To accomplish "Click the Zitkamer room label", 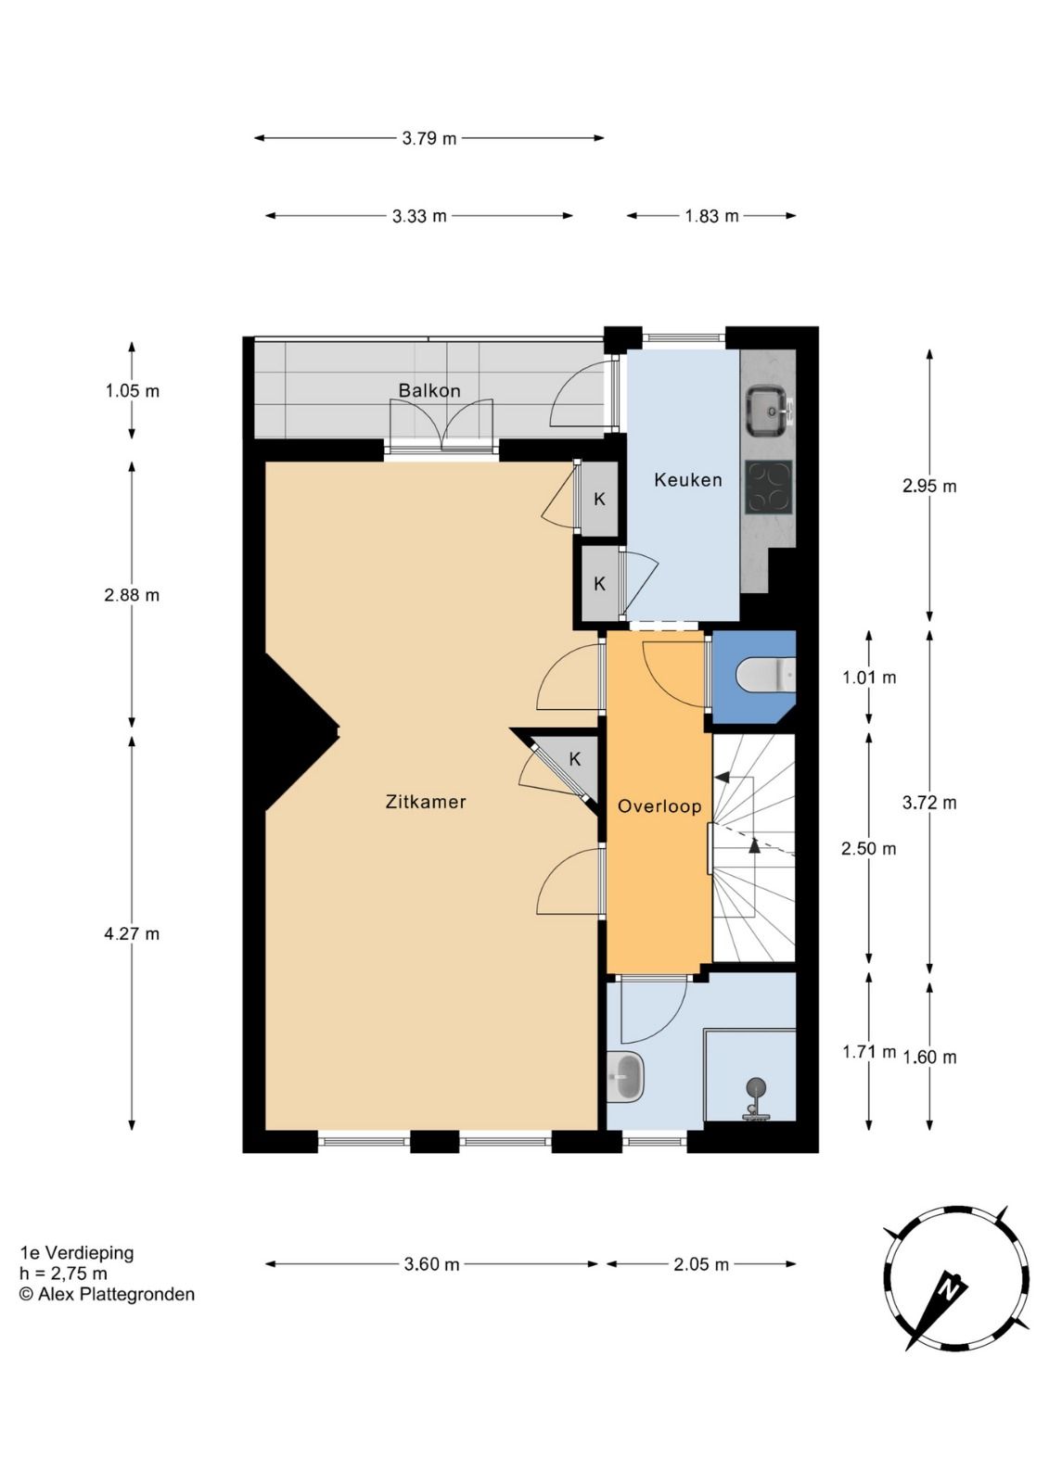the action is (x=426, y=802).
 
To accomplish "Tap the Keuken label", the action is (x=688, y=479).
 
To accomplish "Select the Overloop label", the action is (x=659, y=806).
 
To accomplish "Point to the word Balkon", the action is (x=429, y=390).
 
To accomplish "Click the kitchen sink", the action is (x=769, y=412).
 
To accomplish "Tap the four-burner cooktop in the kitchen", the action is (x=769, y=488).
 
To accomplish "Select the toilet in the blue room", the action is (x=766, y=675).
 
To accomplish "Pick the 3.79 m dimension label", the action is (x=429, y=138).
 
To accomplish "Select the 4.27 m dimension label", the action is (x=132, y=934).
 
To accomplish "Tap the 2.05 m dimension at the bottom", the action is (x=701, y=1264).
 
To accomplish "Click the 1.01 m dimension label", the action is (x=869, y=678).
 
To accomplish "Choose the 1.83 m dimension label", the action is (x=711, y=216).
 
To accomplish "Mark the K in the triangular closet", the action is (x=575, y=759).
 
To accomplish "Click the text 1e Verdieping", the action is (x=77, y=1252).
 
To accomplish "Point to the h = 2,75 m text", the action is (x=64, y=1274).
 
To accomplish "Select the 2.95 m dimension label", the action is (x=929, y=486).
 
